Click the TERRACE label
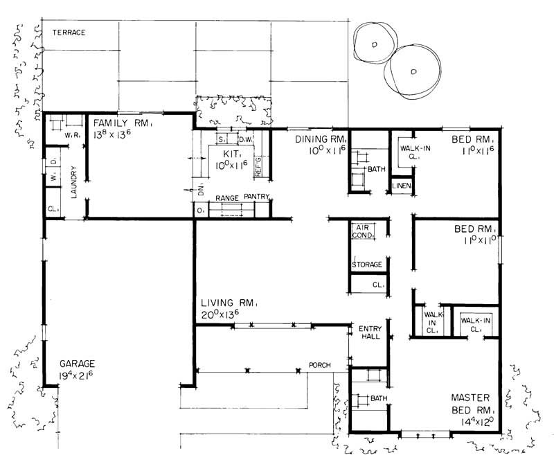(65, 32)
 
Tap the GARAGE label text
(76, 364)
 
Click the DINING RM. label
(318, 139)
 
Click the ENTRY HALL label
(366, 332)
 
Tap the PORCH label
(319, 365)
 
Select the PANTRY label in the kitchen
(254, 197)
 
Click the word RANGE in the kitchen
(227, 198)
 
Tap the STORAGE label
(366, 263)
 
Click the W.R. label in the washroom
(69, 136)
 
